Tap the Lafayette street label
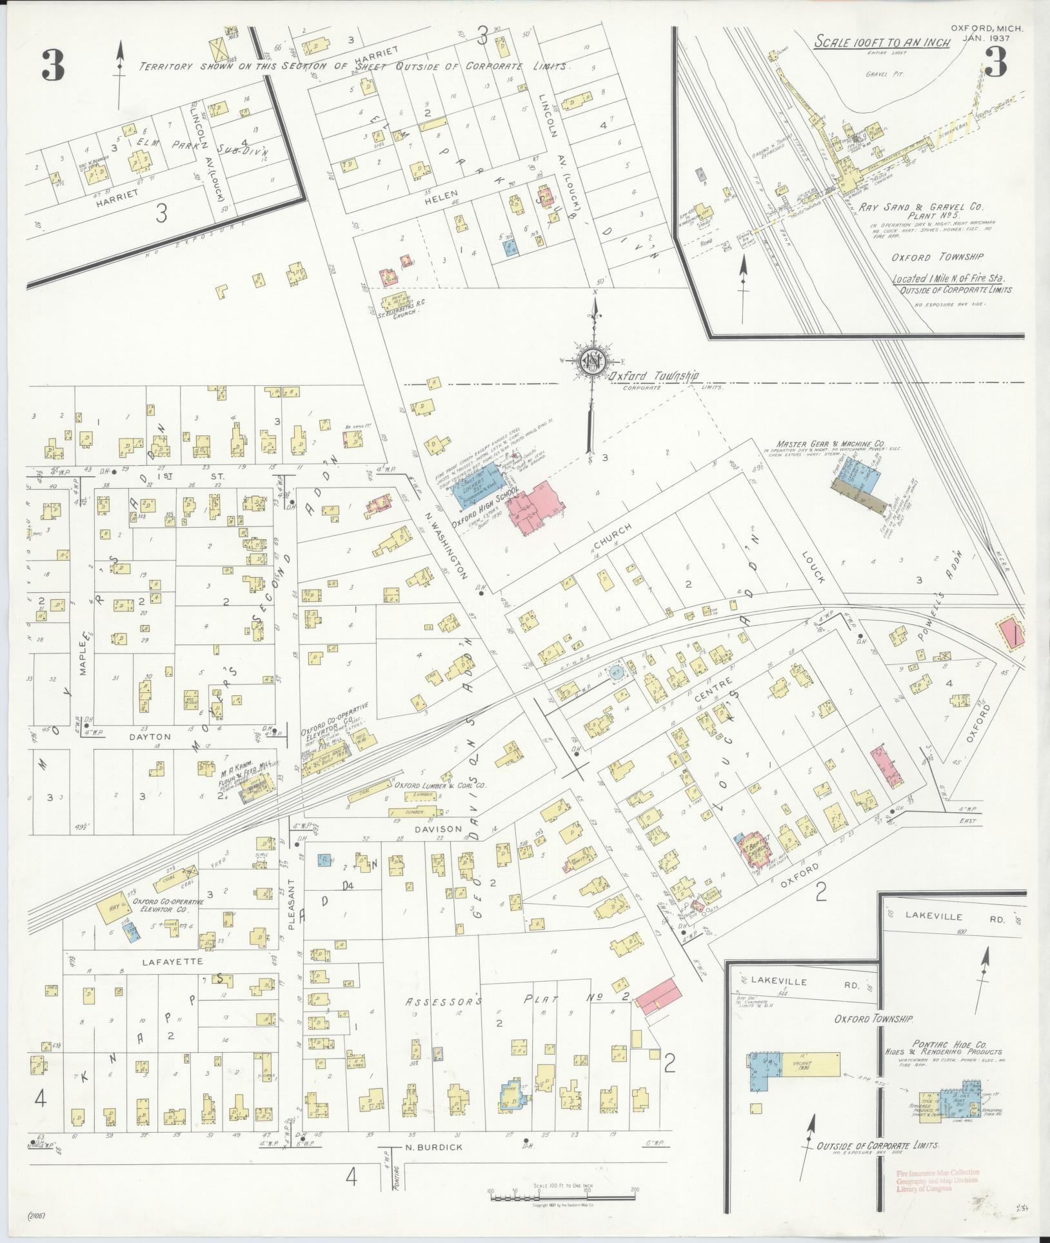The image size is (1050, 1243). point(172,979)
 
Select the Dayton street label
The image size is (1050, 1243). point(149,736)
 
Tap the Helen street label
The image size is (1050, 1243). point(441,194)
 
